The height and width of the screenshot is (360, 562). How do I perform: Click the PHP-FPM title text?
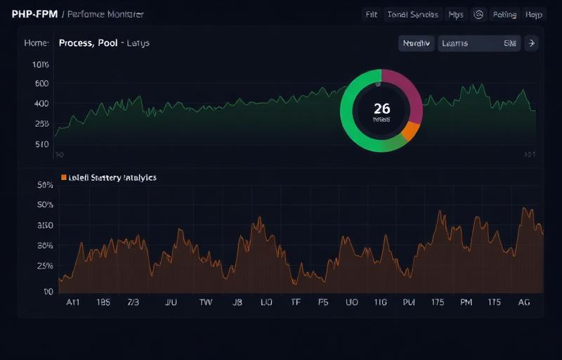click(34, 14)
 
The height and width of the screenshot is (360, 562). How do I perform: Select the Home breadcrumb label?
click(36, 43)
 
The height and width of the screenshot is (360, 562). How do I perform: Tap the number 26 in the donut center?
click(381, 108)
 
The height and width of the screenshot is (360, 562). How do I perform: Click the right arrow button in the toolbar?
click(531, 43)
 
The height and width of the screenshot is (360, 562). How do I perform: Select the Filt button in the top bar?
click(371, 14)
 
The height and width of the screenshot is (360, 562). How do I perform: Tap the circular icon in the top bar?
click(478, 14)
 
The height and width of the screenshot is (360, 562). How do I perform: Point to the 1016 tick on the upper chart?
click(41, 65)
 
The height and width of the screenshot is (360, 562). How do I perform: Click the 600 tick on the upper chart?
click(41, 84)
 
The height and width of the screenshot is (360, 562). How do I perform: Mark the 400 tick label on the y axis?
click(41, 103)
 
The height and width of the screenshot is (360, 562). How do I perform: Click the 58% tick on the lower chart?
click(45, 186)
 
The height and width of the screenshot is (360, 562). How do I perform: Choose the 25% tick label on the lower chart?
click(45, 266)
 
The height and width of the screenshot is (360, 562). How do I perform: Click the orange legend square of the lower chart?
click(64, 178)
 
